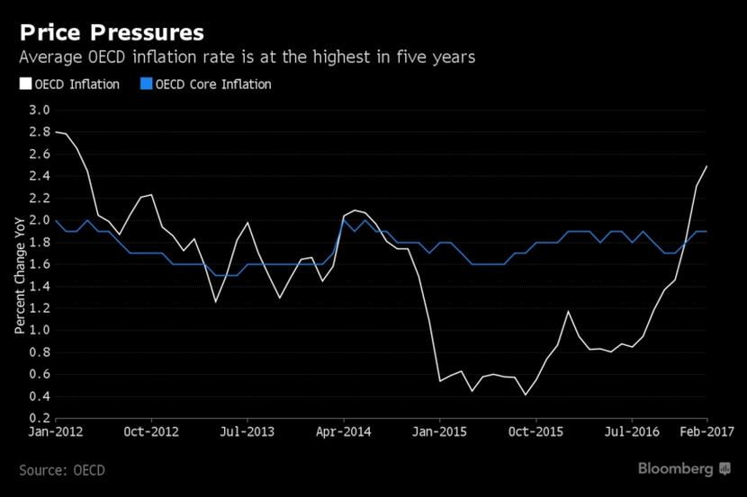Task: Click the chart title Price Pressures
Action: pos(112,32)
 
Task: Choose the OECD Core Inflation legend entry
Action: pos(212,84)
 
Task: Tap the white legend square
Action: pos(24,84)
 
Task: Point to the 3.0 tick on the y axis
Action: pos(40,110)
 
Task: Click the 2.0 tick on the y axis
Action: pos(40,220)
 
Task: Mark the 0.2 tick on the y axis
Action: pos(40,419)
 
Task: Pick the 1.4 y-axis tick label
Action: pos(40,287)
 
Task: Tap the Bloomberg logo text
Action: pos(676,468)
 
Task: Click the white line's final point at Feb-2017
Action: pos(706,165)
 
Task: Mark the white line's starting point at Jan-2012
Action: pos(56,132)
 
